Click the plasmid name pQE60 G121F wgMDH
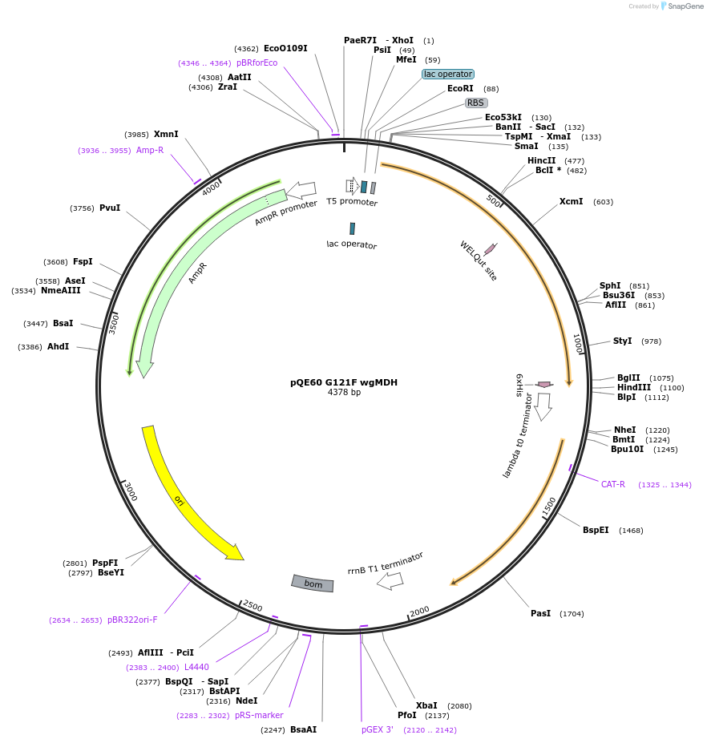coord(344,382)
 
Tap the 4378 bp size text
coord(344,393)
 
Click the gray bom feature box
coord(313,583)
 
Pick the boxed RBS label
coord(476,103)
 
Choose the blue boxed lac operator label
coord(448,74)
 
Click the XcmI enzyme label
coord(571,201)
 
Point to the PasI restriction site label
coord(540,613)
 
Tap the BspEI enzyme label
coord(596,530)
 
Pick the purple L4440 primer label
coord(196,667)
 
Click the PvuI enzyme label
coord(110,208)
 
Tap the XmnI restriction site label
coord(166,134)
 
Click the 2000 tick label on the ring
coord(420,611)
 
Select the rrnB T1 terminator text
coord(385,563)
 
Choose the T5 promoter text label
coord(352,202)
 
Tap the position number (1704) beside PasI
coord(572,614)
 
